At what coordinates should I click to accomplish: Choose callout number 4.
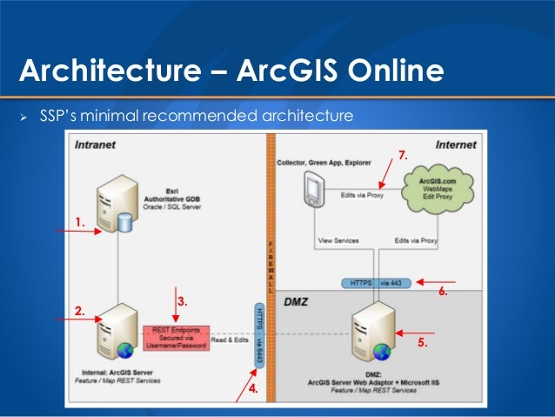click(x=253, y=389)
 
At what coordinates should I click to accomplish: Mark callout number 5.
click(x=423, y=343)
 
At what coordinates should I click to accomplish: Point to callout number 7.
click(x=402, y=155)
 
